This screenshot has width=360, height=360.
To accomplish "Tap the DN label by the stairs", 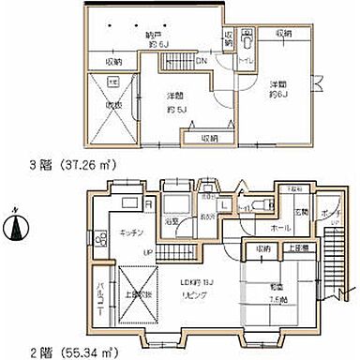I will click(x=202, y=63).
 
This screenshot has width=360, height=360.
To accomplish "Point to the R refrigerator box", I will click(x=149, y=202).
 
